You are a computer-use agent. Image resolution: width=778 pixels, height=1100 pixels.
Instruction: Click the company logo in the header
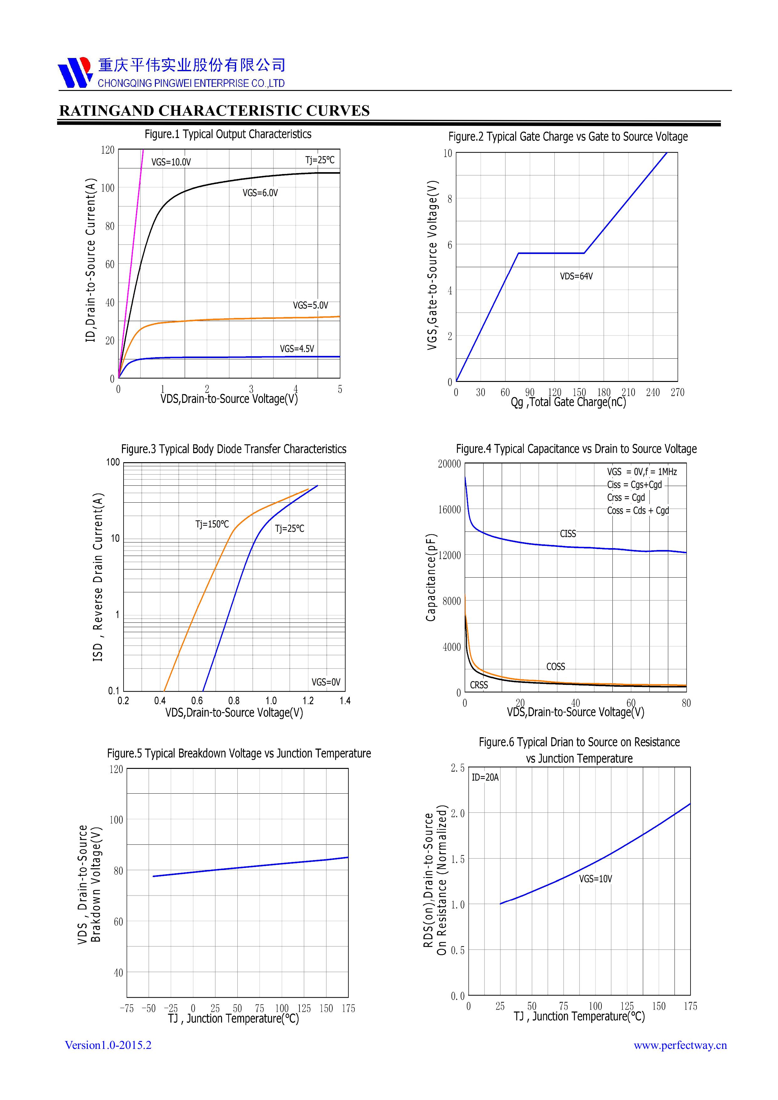pyautogui.click(x=75, y=72)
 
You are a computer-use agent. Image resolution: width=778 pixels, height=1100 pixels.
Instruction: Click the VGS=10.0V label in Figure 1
pyautogui.click(x=171, y=162)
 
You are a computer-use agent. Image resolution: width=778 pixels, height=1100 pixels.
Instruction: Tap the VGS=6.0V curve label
pyautogui.click(x=260, y=193)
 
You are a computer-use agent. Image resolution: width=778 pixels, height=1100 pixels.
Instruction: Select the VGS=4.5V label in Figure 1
pyautogui.click(x=297, y=349)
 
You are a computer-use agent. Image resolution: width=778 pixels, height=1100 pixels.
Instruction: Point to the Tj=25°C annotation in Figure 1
pyautogui.click(x=320, y=160)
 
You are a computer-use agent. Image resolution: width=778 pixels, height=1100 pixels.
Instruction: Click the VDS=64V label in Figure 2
pyautogui.click(x=576, y=277)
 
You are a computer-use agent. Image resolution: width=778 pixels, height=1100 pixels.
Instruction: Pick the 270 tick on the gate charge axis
pyautogui.click(x=677, y=392)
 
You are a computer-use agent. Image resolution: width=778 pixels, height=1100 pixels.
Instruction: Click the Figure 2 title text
pyautogui.click(x=568, y=137)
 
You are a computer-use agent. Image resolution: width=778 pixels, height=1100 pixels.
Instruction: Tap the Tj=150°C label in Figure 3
pyautogui.click(x=212, y=524)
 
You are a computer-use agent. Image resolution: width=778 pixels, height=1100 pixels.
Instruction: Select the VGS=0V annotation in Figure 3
pyautogui.click(x=326, y=682)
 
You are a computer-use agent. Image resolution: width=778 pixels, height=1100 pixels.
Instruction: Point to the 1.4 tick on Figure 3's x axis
pyautogui.click(x=345, y=701)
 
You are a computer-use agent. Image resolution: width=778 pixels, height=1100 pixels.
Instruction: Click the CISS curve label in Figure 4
pyautogui.click(x=568, y=534)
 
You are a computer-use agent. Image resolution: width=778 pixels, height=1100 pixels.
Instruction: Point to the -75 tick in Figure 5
pyautogui.click(x=126, y=1008)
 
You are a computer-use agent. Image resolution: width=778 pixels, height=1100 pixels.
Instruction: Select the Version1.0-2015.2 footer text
pyautogui.click(x=108, y=1045)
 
